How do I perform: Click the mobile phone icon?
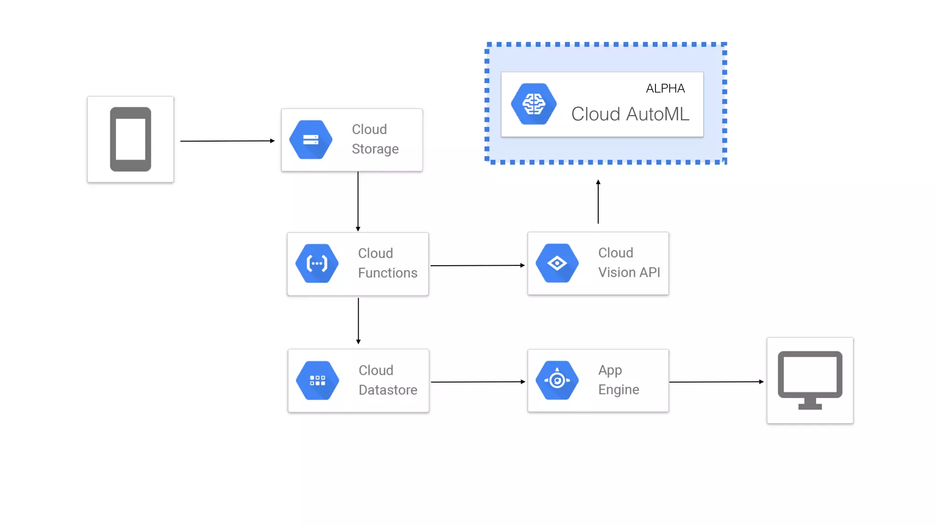tap(130, 139)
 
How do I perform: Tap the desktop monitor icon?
tap(810, 379)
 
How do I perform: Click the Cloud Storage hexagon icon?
tap(311, 140)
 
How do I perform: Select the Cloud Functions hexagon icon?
tap(317, 263)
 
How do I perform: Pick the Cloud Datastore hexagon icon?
tap(317, 380)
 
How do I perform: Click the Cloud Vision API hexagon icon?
tap(557, 263)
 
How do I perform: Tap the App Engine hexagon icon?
tap(557, 380)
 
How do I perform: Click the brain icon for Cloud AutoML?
tap(533, 104)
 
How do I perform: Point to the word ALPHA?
tap(665, 89)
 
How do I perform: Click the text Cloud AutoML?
tap(630, 114)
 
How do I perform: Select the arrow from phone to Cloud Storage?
tap(227, 141)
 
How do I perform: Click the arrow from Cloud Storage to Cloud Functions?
tap(358, 201)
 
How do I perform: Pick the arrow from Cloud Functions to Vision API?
tap(477, 265)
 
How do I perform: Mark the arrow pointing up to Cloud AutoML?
tap(598, 202)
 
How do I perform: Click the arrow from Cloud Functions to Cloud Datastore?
tap(358, 321)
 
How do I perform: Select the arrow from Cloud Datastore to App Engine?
tap(478, 382)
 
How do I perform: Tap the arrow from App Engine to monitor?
tap(716, 382)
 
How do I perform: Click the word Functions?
tap(388, 273)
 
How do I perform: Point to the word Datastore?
tap(388, 390)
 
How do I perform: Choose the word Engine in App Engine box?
tap(618, 390)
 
